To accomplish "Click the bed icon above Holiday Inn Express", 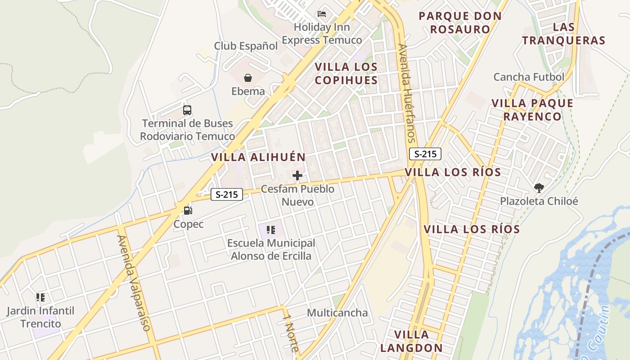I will [x=322, y=14].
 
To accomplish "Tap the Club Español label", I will [x=246, y=46].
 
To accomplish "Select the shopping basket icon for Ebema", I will [x=248, y=78].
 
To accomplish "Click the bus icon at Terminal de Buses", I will [x=187, y=110].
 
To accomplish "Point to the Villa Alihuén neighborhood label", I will [x=258, y=157].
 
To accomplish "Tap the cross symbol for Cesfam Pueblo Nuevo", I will [x=297, y=175].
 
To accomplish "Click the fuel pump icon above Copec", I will [x=188, y=210].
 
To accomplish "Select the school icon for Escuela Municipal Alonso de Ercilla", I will [x=270, y=230].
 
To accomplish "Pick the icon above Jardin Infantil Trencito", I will [x=40, y=297].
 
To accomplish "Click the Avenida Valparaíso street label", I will [x=133, y=283].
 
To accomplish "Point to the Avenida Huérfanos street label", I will [x=406, y=93].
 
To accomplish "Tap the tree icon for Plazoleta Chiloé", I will [x=539, y=188].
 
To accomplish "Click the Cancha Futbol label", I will [x=529, y=77].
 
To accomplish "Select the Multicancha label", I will [x=337, y=313].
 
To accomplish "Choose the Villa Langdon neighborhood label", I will [x=411, y=341].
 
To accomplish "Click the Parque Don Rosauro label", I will [x=460, y=22].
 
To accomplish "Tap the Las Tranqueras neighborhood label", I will [x=564, y=34].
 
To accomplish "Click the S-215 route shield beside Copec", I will [x=227, y=194].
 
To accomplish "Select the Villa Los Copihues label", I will [x=346, y=73].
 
